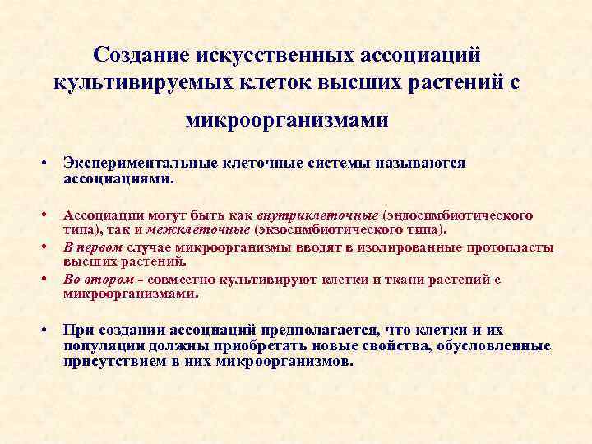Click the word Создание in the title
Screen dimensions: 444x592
(141, 54)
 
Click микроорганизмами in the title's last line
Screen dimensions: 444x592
(287, 121)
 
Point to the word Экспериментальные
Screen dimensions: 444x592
(134, 164)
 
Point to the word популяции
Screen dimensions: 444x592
(103, 346)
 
